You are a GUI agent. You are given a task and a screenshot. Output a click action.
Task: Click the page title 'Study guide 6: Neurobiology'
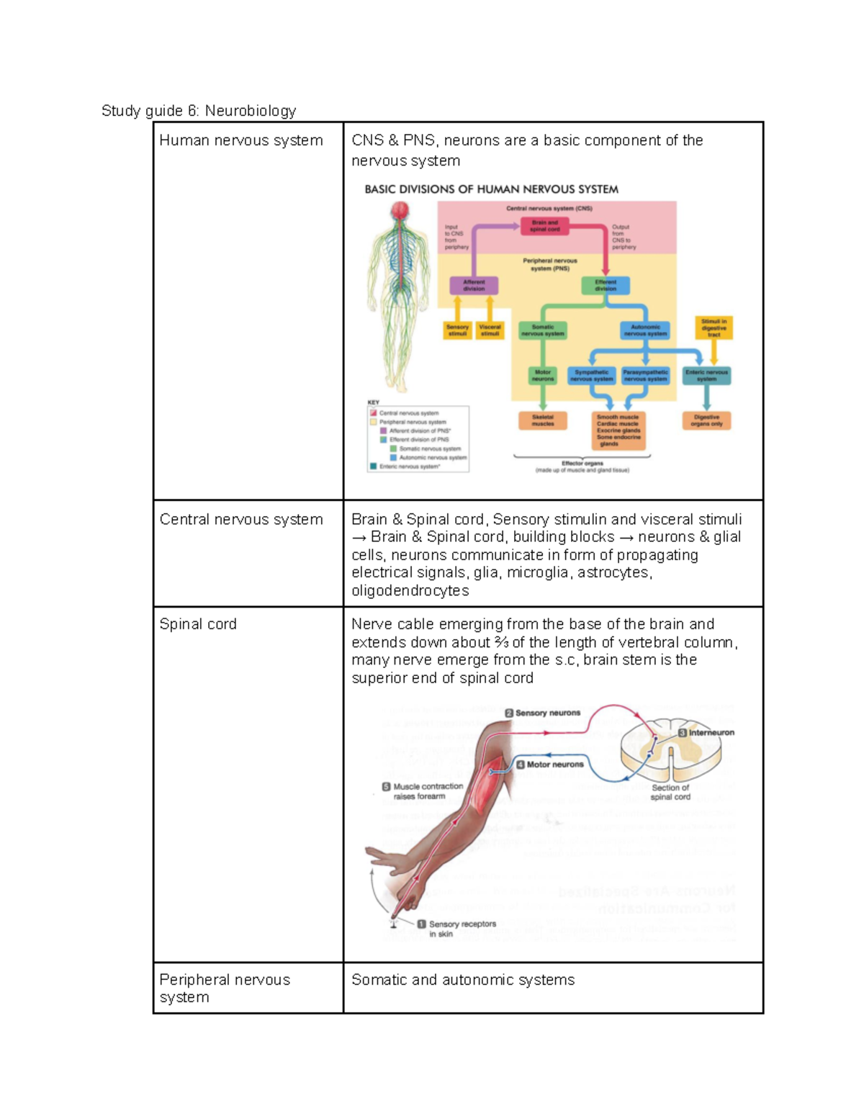199,110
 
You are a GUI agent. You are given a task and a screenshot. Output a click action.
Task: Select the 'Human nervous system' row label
240,140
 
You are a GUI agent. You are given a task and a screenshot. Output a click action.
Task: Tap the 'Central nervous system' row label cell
240,519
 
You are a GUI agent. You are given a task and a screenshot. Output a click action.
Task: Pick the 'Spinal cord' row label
198,624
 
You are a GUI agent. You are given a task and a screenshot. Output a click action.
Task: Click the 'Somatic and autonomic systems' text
463,980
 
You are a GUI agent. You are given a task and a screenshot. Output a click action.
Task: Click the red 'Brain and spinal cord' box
544,226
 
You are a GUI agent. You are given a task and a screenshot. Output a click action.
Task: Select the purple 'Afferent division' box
474,286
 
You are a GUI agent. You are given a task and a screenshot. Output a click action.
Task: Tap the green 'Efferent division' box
606,286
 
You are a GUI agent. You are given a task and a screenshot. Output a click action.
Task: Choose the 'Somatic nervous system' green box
543,330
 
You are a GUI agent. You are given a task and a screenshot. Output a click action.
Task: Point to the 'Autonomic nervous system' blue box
645,330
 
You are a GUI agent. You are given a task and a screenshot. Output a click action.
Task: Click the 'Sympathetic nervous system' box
591,376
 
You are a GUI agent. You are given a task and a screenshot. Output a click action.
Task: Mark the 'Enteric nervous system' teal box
706,376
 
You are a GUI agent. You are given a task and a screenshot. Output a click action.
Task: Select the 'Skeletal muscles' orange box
543,420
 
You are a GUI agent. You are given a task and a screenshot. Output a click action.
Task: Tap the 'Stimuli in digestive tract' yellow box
714,328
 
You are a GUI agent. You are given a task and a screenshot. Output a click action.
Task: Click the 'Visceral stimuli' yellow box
490,330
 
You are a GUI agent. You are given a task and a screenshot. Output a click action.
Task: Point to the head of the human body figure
400,210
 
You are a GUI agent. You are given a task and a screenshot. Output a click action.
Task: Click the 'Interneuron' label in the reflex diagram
706,732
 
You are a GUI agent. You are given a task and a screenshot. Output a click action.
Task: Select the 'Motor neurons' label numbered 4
550,765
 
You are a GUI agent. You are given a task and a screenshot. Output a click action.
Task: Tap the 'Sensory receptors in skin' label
456,929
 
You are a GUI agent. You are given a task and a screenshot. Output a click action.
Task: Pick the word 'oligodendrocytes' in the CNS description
410,590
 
